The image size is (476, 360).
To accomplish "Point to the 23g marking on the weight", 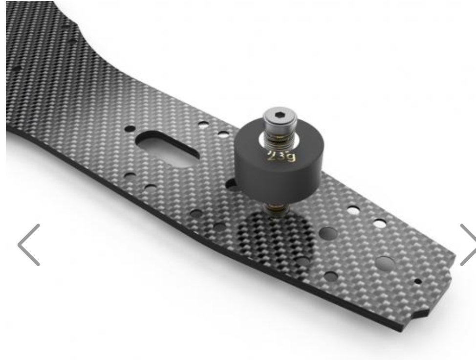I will [281, 157].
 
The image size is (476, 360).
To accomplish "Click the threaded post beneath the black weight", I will [277, 208].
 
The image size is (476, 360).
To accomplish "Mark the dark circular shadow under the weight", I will [274, 235].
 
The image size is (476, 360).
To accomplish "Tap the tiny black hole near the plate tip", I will [417, 281].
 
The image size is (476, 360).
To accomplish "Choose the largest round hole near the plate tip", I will [385, 264].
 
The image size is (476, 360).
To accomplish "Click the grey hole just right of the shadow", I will [328, 233].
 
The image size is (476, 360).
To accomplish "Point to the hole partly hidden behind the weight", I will [232, 184].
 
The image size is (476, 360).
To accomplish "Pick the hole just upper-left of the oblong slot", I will [130, 129].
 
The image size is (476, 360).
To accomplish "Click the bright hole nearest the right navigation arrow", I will [380, 224].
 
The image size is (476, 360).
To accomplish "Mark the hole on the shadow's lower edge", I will [303, 262].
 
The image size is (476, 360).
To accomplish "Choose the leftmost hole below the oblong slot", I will [130, 175].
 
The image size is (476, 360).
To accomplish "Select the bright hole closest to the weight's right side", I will [353, 210].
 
